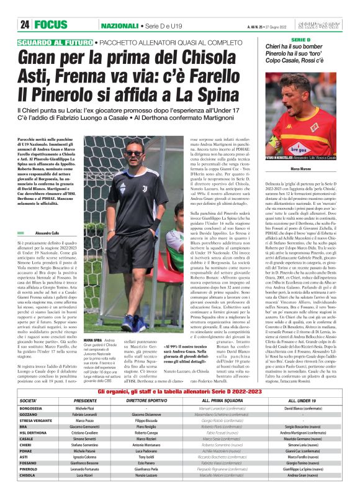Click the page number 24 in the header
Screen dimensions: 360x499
click(x=25, y=25)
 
